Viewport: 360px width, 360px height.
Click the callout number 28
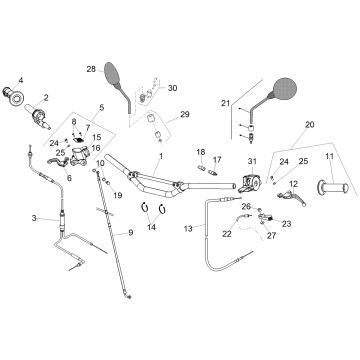point(91,69)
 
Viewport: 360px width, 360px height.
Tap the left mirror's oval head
point(112,73)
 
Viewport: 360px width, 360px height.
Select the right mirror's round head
point(285,88)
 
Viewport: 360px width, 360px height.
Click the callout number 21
point(226,103)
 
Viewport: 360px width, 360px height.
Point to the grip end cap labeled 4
point(14,96)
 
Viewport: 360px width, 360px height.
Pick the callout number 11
point(329,156)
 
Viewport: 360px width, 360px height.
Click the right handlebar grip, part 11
point(333,188)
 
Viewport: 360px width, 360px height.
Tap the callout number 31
point(252,161)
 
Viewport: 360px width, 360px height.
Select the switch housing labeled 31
point(251,184)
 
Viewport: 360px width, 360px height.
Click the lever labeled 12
point(292,196)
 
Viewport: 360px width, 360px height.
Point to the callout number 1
point(161,156)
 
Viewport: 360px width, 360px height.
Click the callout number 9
point(130,233)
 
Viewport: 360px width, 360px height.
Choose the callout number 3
point(34,218)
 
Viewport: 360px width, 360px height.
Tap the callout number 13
point(188,229)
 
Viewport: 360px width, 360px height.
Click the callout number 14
point(151,227)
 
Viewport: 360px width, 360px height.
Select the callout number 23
point(286,224)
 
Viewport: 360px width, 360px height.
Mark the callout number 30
point(172,88)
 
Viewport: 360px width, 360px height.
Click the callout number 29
point(185,114)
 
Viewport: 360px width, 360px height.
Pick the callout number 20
point(310,125)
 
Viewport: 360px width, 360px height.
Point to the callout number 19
point(118,195)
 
